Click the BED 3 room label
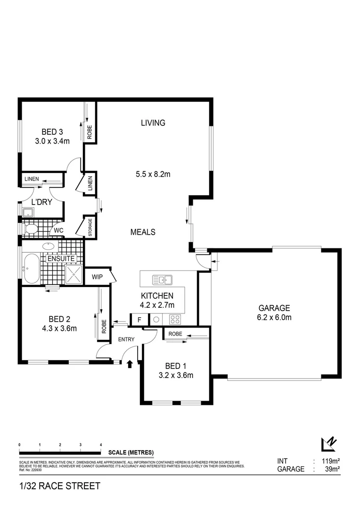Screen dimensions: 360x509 (52, 132)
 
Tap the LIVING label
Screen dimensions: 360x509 (153, 123)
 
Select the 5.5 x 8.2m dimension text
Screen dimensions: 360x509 (153, 174)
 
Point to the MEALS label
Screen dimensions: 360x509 (143, 232)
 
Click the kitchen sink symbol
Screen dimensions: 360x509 (162, 280)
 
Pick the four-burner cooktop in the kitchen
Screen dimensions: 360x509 (175, 320)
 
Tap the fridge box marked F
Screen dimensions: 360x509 (139, 320)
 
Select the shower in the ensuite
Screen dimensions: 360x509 (74, 274)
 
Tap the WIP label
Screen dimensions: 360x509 (97, 277)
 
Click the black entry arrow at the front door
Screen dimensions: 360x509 (130, 364)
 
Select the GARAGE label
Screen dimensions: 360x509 (274, 308)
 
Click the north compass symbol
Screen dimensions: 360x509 (328, 444)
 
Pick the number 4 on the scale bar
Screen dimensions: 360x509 (101, 445)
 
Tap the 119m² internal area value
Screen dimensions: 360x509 (331, 461)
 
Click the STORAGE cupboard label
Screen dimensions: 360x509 (90, 227)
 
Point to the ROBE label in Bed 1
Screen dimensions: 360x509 (175, 334)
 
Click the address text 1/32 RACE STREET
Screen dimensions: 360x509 (60, 486)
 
